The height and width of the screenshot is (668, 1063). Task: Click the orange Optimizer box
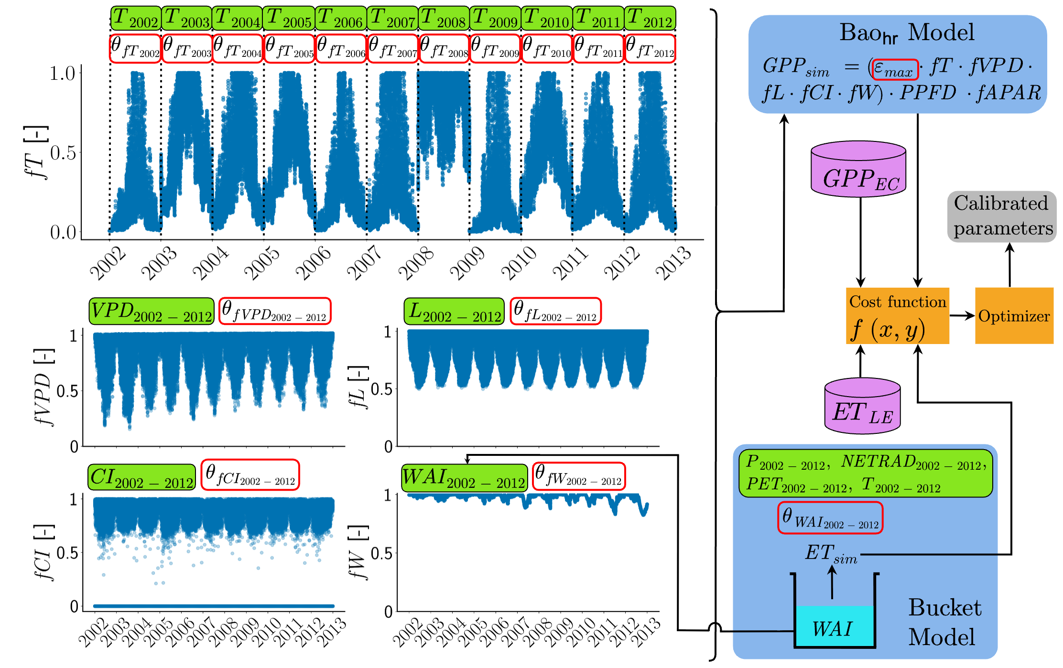click(1014, 315)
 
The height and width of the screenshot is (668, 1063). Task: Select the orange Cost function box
click(897, 315)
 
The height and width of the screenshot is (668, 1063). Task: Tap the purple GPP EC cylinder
click(858, 169)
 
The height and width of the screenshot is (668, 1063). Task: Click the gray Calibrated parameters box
click(1002, 216)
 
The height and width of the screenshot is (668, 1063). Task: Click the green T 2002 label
click(136, 18)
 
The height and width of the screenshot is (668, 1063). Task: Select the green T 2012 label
click(650, 18)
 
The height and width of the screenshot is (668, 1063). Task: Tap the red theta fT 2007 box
click(393, 48)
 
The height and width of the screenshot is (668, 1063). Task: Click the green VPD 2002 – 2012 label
click(151, 312)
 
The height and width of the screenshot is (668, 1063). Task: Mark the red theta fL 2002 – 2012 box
click(555, 312)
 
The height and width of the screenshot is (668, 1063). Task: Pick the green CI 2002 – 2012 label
click(141, 477)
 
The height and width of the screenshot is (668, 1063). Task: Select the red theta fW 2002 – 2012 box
click(579, 476)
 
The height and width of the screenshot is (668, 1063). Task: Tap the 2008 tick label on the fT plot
click(416, 263)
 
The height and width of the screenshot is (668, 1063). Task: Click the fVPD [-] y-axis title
click(44, 387)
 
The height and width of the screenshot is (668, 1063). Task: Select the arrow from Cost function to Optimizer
click(962, 315)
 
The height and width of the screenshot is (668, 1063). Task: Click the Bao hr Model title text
click(906, 33)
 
